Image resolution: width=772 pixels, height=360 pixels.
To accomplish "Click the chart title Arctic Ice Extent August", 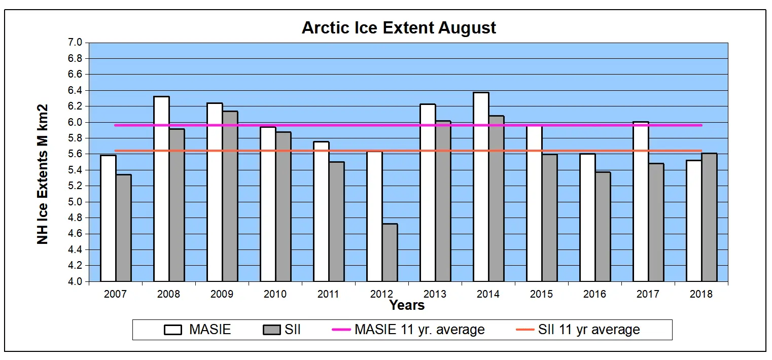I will (399, 28).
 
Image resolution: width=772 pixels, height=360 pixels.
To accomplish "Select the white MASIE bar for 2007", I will (108, 218).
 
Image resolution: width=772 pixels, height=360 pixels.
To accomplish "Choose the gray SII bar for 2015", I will (549, 218).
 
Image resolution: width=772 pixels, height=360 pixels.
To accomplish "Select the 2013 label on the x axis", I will (435, 294).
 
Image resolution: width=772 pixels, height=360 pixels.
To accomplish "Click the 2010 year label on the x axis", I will (275, 294).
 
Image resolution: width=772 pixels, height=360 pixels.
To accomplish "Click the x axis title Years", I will (407, 305).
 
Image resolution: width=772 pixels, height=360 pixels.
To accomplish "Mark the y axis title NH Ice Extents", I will (43, 174).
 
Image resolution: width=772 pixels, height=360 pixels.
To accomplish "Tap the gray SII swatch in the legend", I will (271, 330).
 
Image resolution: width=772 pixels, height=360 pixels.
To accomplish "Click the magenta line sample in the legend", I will (341, 330).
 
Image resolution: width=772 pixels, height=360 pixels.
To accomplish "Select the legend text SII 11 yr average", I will (589, 330).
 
